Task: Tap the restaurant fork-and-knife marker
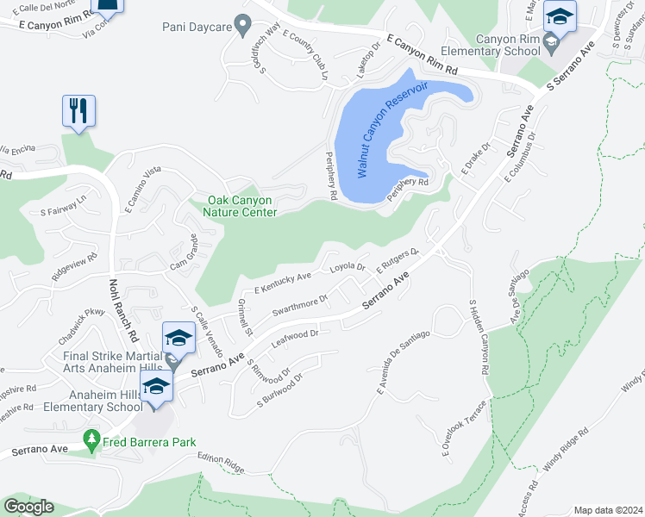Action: click(x=78, y=110)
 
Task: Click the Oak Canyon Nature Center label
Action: click(x=241, y=206)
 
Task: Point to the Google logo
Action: click(x=28, y=506)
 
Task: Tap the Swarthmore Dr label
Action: click(x=300, y=305)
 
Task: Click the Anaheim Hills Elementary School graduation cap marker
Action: click(x=156, y=387)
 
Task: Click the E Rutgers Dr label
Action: click(x=397, y=258)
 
